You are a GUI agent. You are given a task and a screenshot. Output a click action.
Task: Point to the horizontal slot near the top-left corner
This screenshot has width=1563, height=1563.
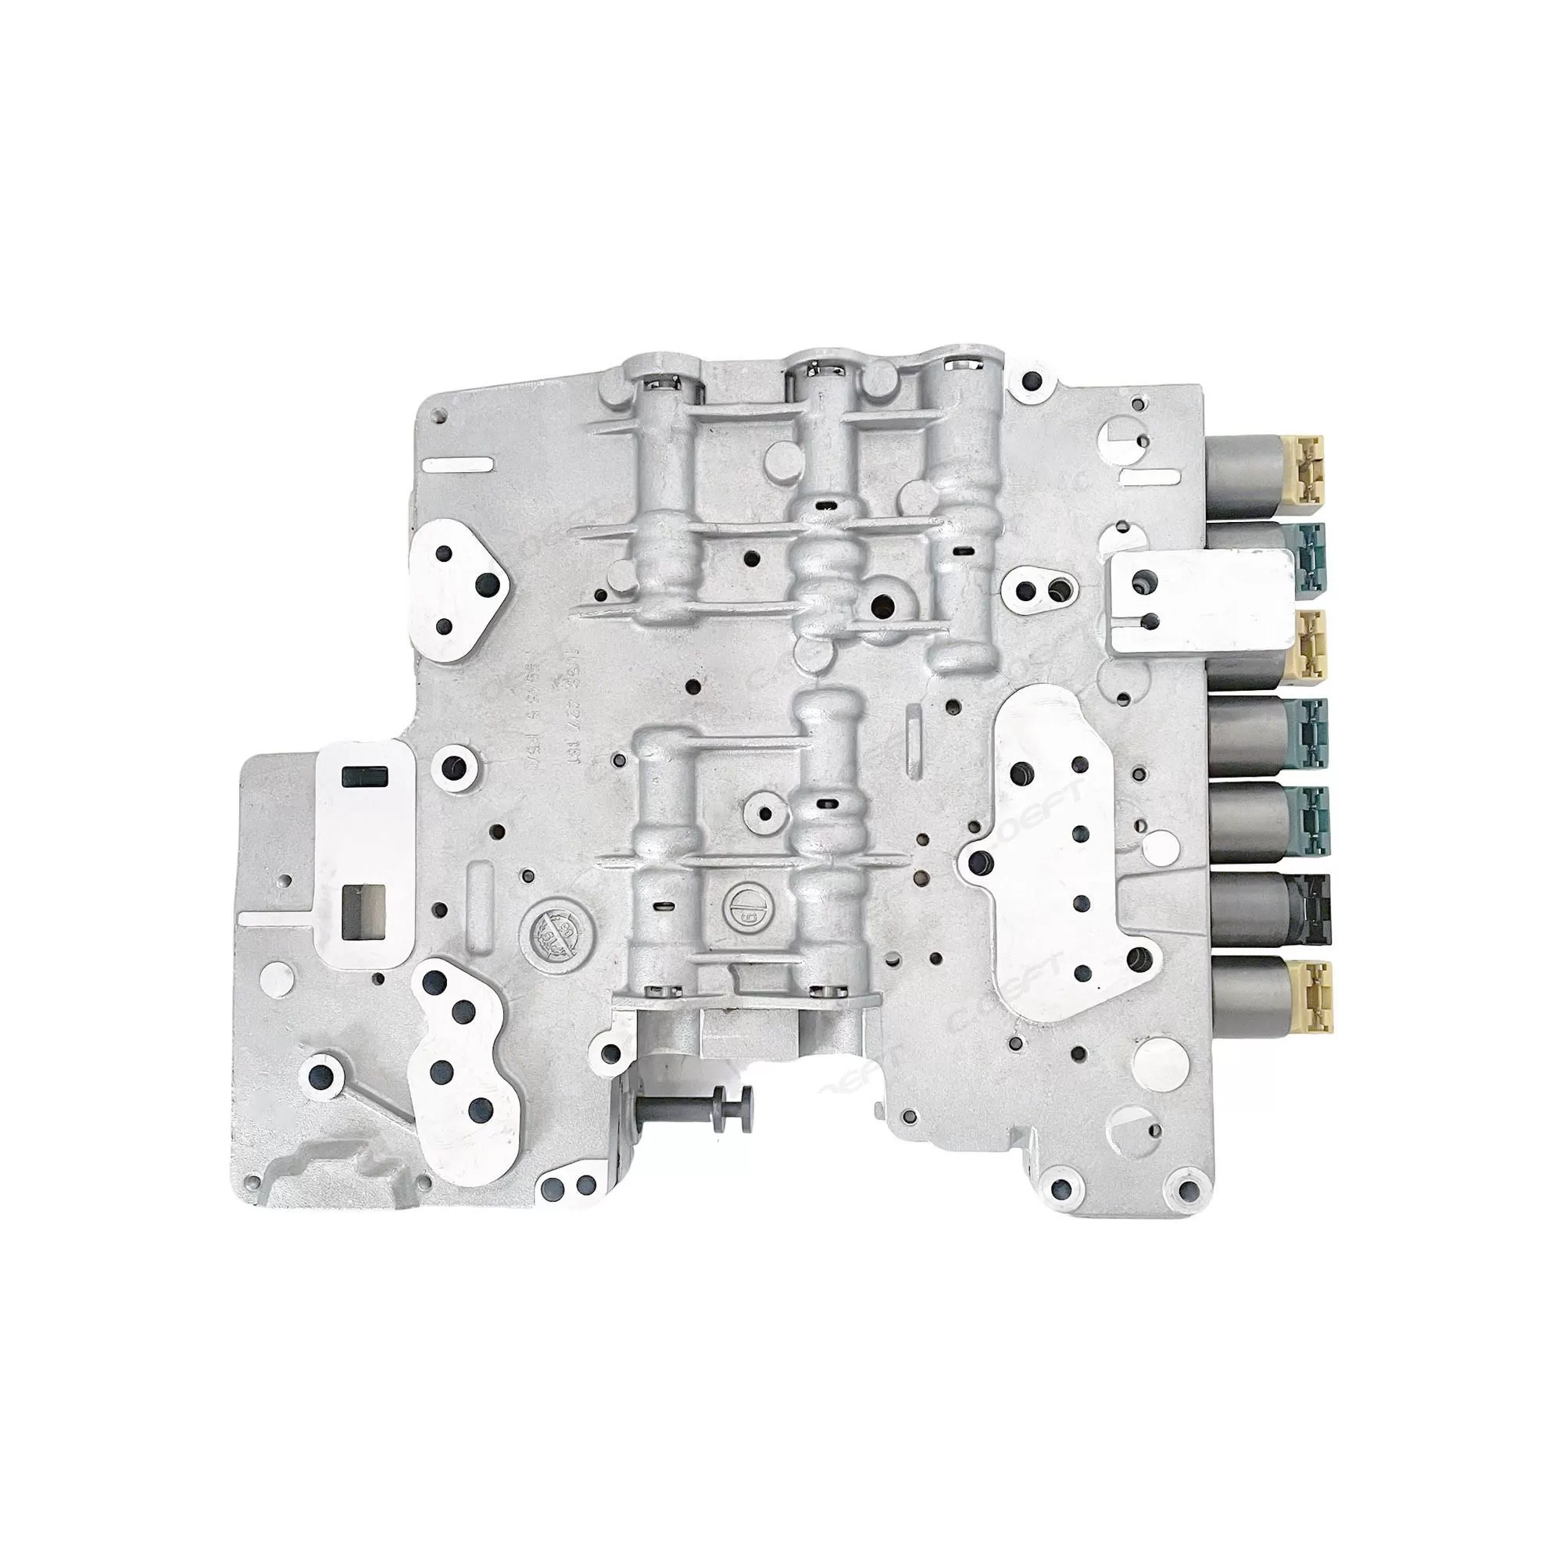(x=459, y=464)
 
